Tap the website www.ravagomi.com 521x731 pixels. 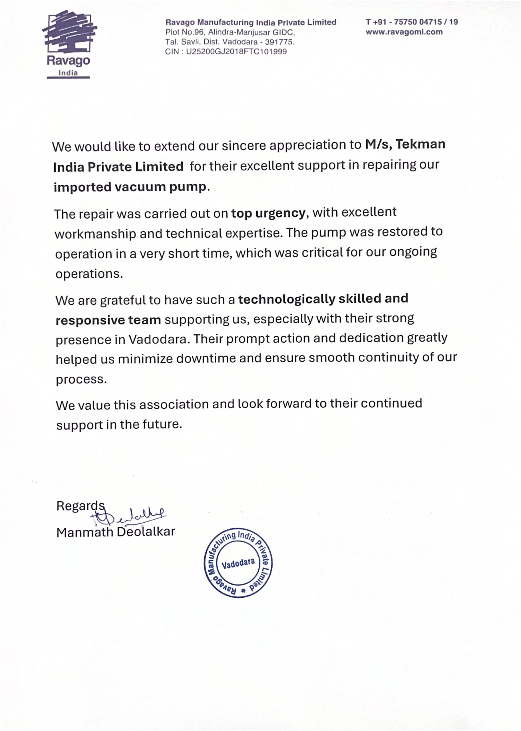coord(404,32)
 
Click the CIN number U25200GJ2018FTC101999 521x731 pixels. coord(236,52)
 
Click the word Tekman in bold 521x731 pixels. coord(420,144)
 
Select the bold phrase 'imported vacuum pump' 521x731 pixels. coord(130,187)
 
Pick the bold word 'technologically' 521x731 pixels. coord(286,299)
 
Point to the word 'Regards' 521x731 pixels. coord(81,506)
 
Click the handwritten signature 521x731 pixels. coord(128,515)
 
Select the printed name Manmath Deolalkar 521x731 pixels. coord(116,532)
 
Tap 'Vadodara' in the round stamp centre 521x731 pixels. coord(238,563)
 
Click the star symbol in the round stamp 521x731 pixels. coord(243,590)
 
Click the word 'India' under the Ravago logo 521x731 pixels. coord(68,73)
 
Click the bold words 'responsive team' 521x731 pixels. coord(108,320)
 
